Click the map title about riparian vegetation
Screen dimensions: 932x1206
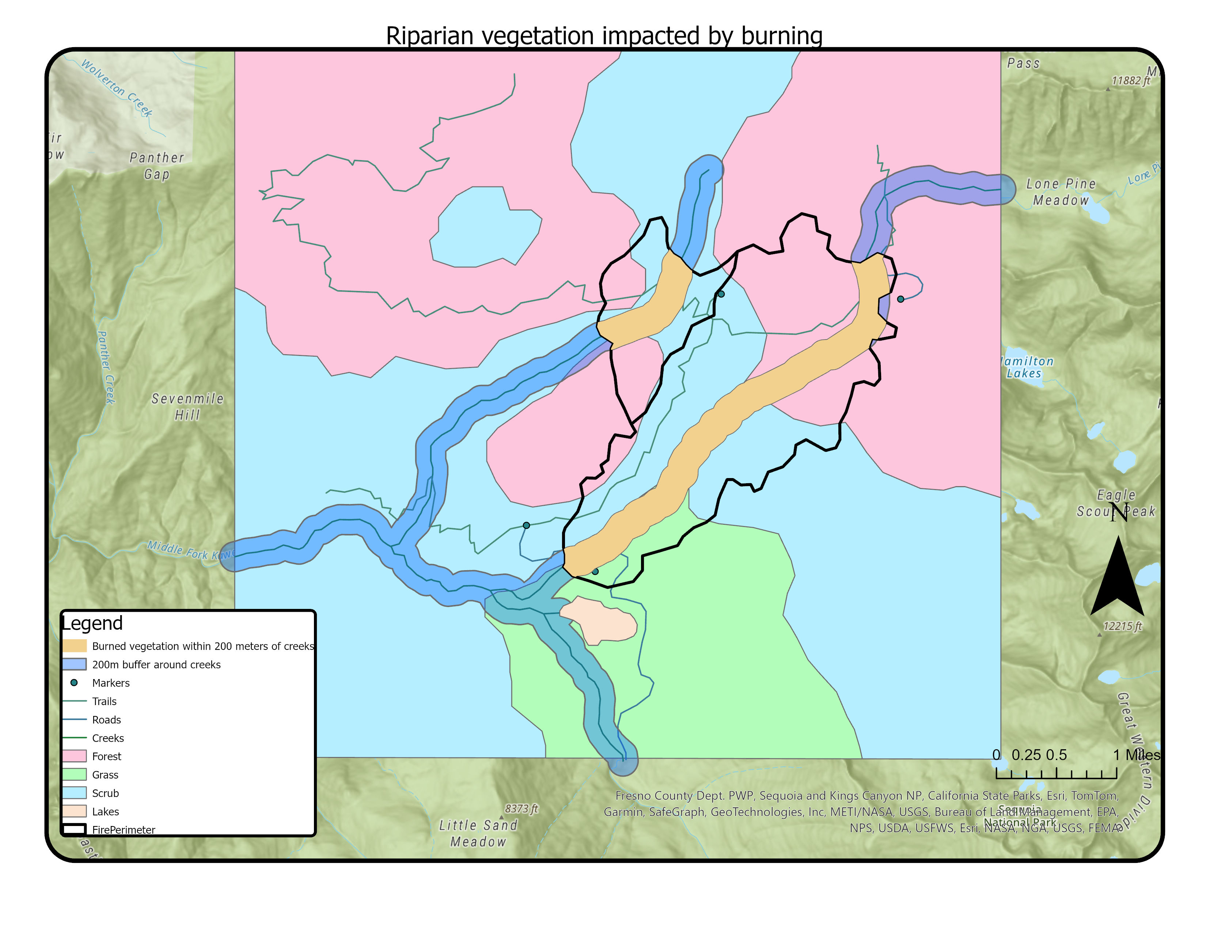tap(604, 36)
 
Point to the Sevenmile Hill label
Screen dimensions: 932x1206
tap(188, 406)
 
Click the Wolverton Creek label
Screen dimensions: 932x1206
tap(117, 88)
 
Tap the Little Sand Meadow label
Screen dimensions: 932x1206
tap(478, 833)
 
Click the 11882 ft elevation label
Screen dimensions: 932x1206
tap(1130, 81)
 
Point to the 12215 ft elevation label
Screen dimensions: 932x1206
tap(1122, 626)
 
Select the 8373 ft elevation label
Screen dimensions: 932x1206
tap(521, 809)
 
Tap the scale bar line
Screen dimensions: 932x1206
tap(1056, 777)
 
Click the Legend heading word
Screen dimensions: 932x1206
tap(92, 624)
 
